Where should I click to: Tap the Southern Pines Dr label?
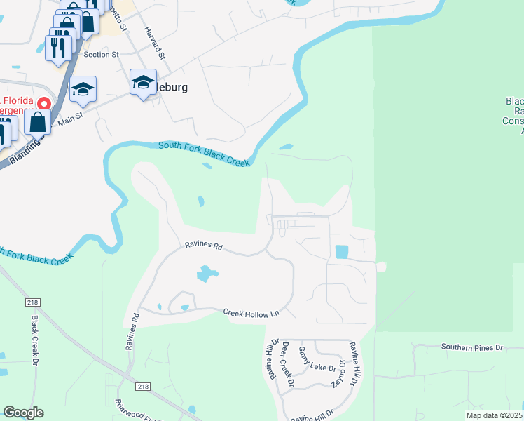pyautogui.click(x=472, y=347)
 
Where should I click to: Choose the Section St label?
pyautogui.click(x=101, y=55)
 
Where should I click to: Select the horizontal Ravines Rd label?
pyautogui.click(x=203, y=246)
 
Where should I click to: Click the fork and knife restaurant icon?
pyautogui.click(x=57, y=47)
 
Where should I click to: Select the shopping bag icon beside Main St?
pyautogui.click(x=37, y=121)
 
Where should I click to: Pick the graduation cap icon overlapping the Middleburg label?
pyautogui.click(x=143, y=83)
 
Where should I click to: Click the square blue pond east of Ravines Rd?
pyautogui.click(x=341, y=251)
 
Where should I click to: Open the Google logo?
pyautogui.click(x=23, y=413)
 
